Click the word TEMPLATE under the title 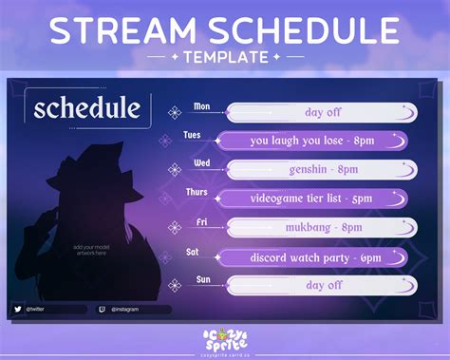[x=225, y=57]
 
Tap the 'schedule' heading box [x=87, y=108]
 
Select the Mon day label [x=202, y=106]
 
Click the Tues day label [x=192, y=134]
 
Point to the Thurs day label [x=197, y=191]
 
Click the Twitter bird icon [x=18, y=309]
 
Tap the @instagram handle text [x=127, y=309]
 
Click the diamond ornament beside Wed [x=174, y=170]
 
